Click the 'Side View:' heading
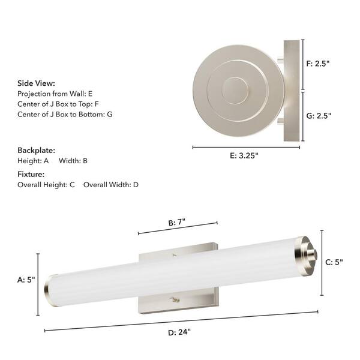click(x=36, y=83)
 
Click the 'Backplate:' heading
click(x=36, y=150)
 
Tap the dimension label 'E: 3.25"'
click(x=244, y=155)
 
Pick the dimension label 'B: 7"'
click(x=177, y=222)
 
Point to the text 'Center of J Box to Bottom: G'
click(x=65, y=114)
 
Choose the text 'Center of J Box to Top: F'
click(x=58, y=104)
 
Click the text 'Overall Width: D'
click(x=111, y=185)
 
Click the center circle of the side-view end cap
click(x=235, y=91)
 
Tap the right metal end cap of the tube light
click(x=306, y=254)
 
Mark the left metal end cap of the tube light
click(x=52, y=291)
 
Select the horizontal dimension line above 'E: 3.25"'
click(x=247, y=146)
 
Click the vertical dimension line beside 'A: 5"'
click(x=39, y=284)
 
